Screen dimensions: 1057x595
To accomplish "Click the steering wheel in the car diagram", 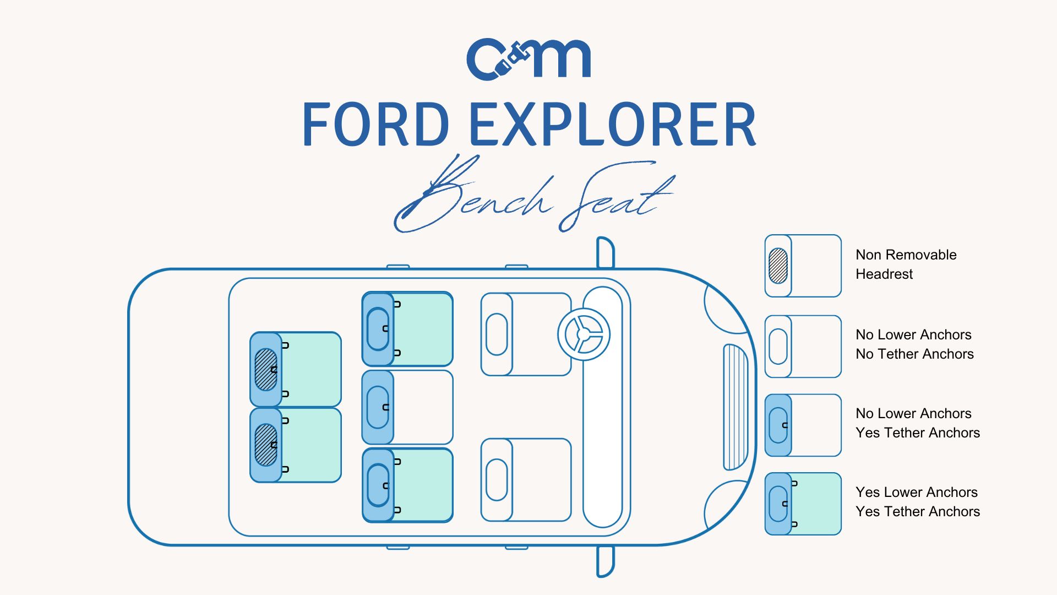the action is (x=584, y=334).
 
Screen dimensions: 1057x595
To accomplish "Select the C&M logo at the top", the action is (x=528, y=59).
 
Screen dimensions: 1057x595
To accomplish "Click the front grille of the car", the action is (x=735, y=407).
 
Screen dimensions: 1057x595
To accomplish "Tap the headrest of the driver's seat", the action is (x=497, y=334).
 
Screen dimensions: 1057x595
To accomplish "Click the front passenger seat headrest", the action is (x=497, y=480).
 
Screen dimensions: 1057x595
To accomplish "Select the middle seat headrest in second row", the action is (x=378, y=407).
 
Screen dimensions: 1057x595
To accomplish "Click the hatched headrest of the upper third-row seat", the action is (x=266, y=370).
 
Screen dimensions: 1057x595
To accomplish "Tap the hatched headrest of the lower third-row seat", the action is (x=266, y=445).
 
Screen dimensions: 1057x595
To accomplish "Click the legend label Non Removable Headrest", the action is (x=906, y=264).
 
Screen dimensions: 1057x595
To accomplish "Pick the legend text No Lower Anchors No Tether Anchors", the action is (x=914, y=344).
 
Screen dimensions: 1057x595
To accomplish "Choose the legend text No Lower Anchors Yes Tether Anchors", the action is (x=917, y=423).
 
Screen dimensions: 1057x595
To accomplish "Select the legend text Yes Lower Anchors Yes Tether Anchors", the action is (x=917, y=502).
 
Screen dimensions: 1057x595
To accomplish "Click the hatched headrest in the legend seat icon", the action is (x=778, y=266).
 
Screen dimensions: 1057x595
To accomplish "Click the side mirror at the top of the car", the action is (x=605, y=252).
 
